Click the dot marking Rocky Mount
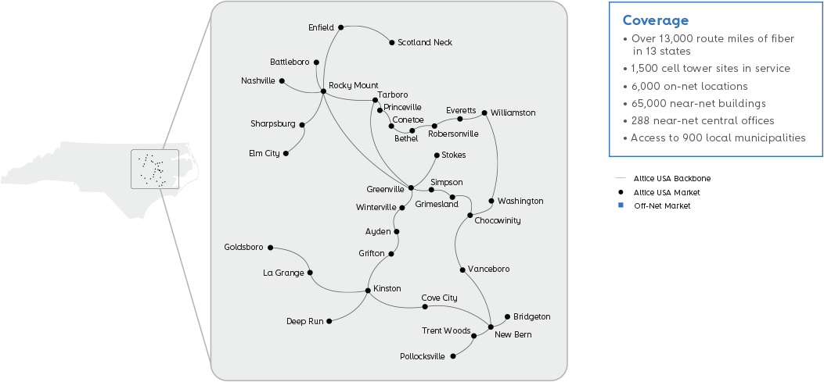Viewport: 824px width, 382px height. [323, 92]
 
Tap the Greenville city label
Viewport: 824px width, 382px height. [385, 189]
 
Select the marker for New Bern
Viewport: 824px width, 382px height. [491, 326]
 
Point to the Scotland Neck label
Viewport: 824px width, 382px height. [424, 42]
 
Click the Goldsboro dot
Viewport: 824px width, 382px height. [270, 248]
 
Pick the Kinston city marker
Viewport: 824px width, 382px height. [368, 291]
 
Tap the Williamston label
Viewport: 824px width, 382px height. [514, 112]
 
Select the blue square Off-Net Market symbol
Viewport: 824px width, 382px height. [620, 205]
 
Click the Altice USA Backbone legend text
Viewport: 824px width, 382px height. [672, 178]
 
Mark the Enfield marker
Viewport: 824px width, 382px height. [340, 27]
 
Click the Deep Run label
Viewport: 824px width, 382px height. [305, 321]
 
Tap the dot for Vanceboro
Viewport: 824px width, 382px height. [463, 270]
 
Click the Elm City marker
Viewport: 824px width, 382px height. [286, 153]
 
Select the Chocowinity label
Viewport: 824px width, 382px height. [497, 220]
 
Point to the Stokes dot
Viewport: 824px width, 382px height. [436, 155]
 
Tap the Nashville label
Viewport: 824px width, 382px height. [258, 80]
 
